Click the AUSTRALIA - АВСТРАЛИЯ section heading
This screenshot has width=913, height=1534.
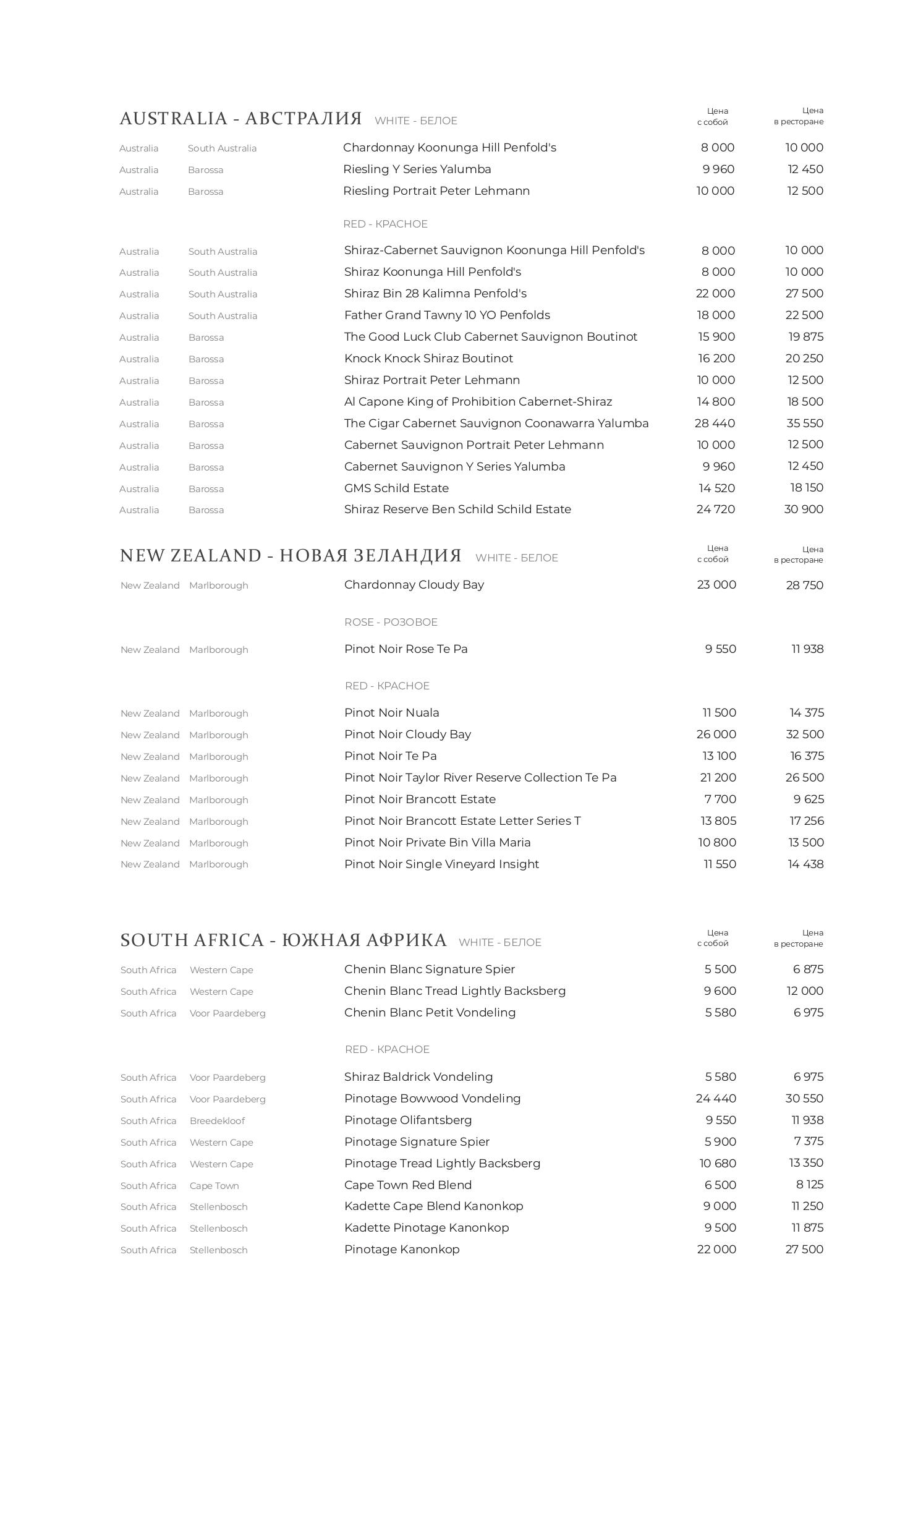point(240,119)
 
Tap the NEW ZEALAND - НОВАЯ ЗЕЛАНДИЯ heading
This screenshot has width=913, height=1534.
point(291,556)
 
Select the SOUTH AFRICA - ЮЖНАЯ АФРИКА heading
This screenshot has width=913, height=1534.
point(283,940)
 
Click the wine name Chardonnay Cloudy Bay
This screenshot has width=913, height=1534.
point(414,585)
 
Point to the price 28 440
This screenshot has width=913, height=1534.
point(715,424)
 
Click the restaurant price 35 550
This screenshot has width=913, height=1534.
point(804,424)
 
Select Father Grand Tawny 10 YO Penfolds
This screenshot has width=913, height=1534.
point(447,315)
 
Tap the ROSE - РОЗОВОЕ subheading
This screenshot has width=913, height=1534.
point(391,622)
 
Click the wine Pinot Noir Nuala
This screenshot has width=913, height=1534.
point(391,713)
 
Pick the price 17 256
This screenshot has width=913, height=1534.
point(806,821)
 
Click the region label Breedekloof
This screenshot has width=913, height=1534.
point(217,1121)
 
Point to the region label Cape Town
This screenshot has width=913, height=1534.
point(214,1186)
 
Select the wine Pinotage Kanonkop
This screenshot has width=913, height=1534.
point(402,1250)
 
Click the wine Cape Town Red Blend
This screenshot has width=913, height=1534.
point(408,1185)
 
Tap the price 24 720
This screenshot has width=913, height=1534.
point(715,509)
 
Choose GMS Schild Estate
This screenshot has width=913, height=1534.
point(396,488)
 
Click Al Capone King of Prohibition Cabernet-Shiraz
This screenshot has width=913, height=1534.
point(478,402)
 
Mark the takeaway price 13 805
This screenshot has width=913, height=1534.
point(718,821)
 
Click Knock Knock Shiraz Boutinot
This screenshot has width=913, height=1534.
point(428,359)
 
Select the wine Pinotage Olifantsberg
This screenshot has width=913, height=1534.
point(408,1120)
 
